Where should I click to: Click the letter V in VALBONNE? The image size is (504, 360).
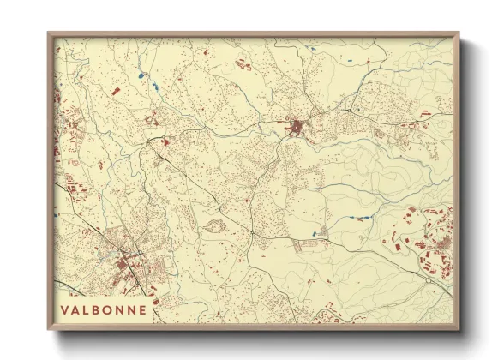tap(65, 309)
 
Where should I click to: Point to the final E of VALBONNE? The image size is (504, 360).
tap(141, 309)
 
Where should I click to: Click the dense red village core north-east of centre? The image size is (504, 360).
tap(297, 128)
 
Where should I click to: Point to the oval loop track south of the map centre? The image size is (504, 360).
tap(212, 226)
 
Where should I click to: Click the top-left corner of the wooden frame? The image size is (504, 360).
tap(50, 35)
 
